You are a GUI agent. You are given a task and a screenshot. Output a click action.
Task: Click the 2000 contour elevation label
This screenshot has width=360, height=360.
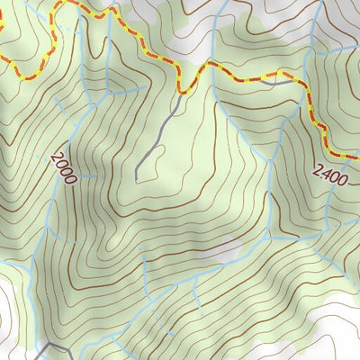(x=64, y=168)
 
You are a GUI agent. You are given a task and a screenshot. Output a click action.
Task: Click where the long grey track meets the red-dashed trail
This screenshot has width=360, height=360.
(x=184, y=90)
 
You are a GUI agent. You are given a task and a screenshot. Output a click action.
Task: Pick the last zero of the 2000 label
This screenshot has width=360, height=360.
(x=69, y=177)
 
